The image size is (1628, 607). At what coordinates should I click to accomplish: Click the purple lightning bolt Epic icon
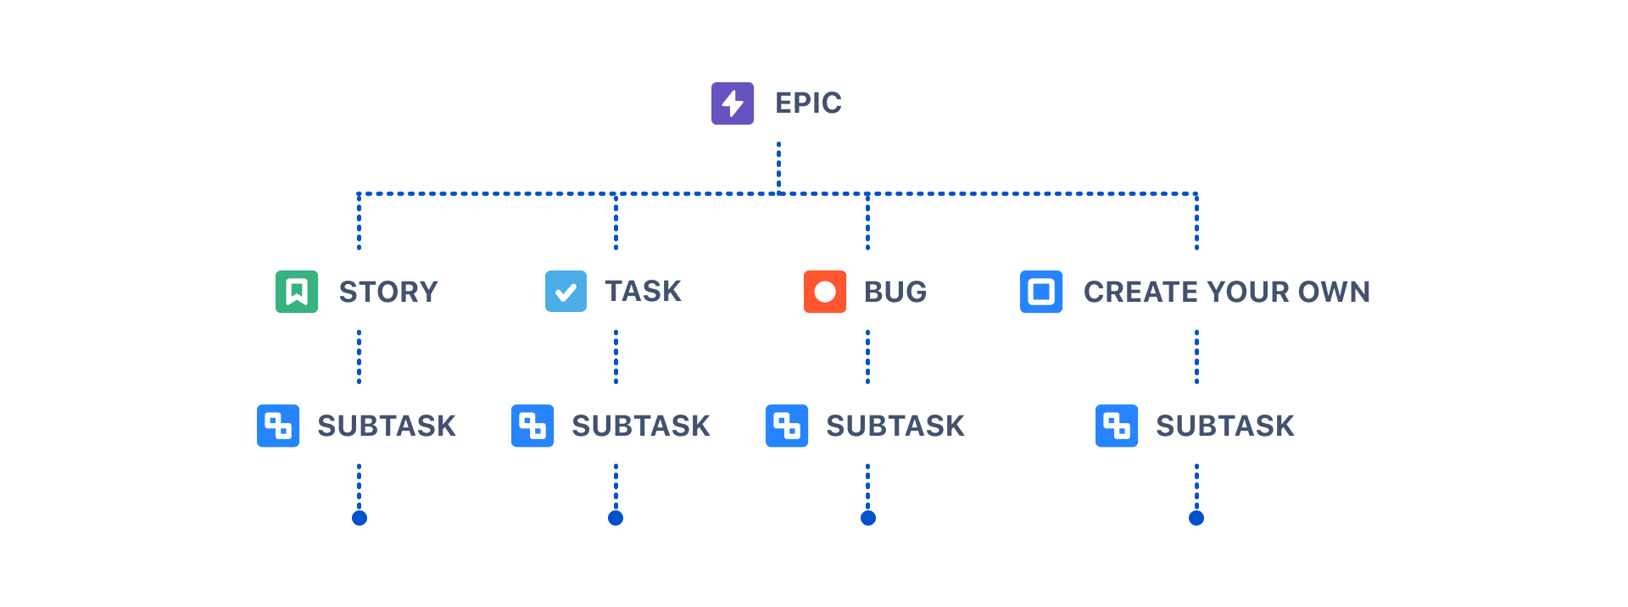coord(733,103)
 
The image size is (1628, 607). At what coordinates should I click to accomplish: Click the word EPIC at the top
coord(808,103)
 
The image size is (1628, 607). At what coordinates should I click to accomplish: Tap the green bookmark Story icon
coord(297,292)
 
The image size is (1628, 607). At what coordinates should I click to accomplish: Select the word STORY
coord(388,292)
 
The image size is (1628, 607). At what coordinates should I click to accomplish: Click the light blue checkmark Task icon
coord(566,292)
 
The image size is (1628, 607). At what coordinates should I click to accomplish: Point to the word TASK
coord(643,292)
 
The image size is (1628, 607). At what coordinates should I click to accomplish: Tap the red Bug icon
coord(825,292)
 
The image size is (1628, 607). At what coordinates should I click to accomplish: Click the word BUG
coord(895,292)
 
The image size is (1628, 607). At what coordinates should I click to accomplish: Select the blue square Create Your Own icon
coord(1041,292)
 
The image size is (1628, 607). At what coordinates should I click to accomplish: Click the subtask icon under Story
coord(278,426)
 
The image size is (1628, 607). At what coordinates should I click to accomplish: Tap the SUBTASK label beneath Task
coord(641,426)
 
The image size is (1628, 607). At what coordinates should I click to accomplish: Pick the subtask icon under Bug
coord(787,426)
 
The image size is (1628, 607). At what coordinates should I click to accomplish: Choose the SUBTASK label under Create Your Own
coord(1225,426)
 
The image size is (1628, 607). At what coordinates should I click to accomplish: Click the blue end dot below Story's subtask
coord(360,518)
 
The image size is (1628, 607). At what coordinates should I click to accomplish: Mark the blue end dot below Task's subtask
coord(616,518)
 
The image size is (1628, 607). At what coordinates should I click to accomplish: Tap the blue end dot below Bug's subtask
coord(868,518)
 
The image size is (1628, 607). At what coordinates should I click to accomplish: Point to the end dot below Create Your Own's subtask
coord(1196,518)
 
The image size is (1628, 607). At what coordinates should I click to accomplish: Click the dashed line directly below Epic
coord(778,165)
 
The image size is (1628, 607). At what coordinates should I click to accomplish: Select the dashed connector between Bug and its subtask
coord(867,356)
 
